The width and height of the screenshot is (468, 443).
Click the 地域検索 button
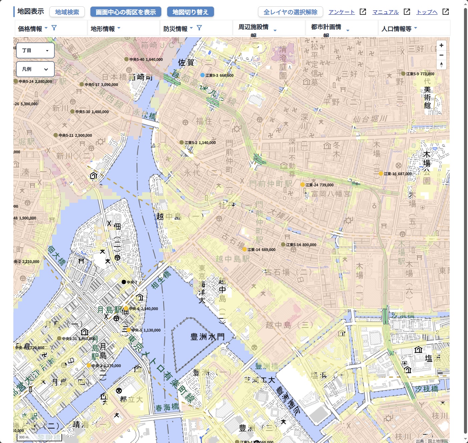tap(67, 12)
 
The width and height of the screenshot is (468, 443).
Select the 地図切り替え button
tap(190, 12)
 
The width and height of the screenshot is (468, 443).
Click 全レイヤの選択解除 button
tap(290, 12)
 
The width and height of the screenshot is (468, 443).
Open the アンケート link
tap(341, 12)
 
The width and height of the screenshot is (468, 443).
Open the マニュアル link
tap(386, 12)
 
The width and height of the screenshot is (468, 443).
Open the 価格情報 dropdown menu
tap(33, 29)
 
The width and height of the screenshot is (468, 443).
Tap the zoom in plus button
tap(441, 45)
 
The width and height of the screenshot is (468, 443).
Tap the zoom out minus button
tap(441, 55)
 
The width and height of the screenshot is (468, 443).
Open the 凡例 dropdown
tap(35, 69)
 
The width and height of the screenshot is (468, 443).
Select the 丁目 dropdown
tap(35, 50)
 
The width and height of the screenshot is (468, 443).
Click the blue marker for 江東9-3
tap(202, 75)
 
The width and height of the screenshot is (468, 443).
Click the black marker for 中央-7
tap(124, 282)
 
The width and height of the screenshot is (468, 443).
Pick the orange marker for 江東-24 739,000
tap(302, 185)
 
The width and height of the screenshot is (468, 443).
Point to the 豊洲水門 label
tap(207, 337)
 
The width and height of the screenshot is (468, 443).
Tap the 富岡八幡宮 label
tap(330, 194)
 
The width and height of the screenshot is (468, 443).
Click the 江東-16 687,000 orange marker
tap(381, 174)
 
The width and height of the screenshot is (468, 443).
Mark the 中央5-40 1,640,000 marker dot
tap(127, 59)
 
